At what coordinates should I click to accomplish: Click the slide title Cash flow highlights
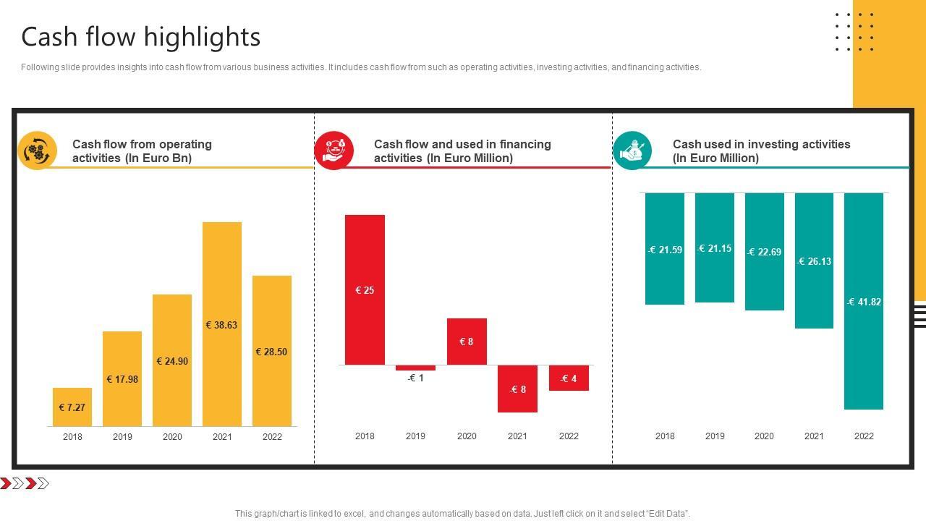point(141,37)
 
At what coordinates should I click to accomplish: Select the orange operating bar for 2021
point(222,275)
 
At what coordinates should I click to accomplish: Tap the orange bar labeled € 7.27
point(72,407)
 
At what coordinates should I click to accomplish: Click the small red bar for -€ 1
point(415,368)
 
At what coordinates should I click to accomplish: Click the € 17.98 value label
point(122,379)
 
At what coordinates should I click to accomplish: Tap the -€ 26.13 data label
point(814,261)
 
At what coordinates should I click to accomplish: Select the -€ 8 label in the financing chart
point(517,389)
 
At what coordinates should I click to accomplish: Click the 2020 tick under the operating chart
point(172,436)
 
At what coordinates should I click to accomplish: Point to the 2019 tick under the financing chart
point(415,436)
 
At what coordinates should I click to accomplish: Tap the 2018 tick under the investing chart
point(665,436)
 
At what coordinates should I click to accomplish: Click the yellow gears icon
point(37,151)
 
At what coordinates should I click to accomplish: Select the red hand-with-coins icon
point(334,151)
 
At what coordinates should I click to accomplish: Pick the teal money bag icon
point(632,151)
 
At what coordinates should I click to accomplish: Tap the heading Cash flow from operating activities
point(142,151)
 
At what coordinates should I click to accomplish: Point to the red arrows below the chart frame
point(25,483)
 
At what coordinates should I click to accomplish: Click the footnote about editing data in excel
point(462,514)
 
